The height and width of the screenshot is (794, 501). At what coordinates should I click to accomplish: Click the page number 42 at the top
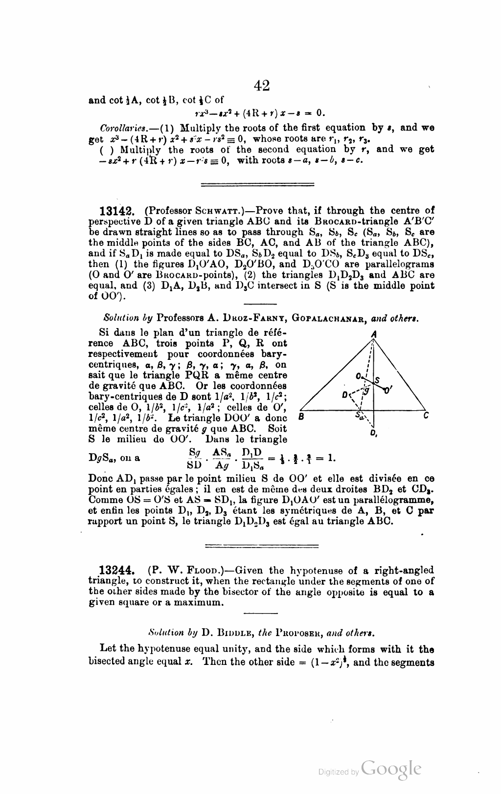(x=262, y=86)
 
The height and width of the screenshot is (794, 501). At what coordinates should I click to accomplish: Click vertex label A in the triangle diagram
(x=374, y=333)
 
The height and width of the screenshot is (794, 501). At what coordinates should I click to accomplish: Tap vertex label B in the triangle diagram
(x=301, y=417)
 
